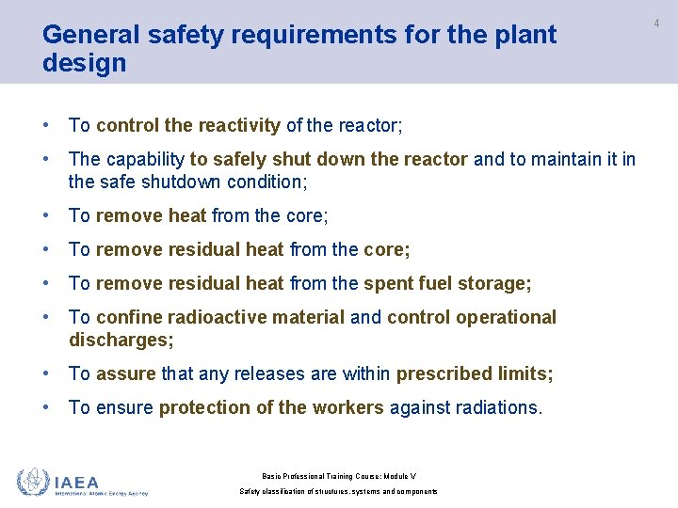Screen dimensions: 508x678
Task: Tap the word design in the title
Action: click(x=84, y=64)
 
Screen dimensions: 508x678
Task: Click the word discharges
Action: click(x=120, y=340)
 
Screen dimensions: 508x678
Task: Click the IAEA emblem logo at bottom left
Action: click(x=33, y=481)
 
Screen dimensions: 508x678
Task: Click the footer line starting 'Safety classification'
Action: click(x=338, y=491)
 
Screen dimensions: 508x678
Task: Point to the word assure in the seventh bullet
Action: click(x=126, y=373)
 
